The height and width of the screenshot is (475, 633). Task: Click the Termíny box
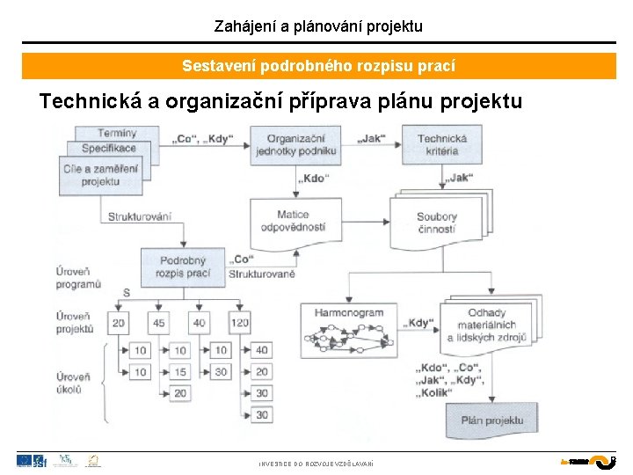[117, 133]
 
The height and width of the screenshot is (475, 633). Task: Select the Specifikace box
[109, 149]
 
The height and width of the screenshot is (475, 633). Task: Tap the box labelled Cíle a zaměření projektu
[100, 175]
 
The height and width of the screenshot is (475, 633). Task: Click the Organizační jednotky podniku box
[295, 144]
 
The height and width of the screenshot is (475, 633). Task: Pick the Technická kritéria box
[441, 144]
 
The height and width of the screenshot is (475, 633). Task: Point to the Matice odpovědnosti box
[293, 221]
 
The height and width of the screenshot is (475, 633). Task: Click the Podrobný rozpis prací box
[183, 267]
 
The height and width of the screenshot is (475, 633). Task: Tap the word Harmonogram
[349, 312]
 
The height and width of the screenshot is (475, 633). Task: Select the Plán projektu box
[491, 420]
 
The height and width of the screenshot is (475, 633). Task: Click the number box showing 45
[159, 323]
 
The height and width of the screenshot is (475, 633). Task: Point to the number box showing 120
[239, 323]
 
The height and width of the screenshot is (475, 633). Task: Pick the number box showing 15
[180, 372]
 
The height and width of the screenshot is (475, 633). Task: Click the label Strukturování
[140, 216]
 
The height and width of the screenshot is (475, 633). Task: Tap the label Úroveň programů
[78, 278]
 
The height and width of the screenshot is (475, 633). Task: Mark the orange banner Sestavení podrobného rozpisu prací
[318, 66]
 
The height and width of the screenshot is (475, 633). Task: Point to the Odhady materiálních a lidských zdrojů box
[486, 325]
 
